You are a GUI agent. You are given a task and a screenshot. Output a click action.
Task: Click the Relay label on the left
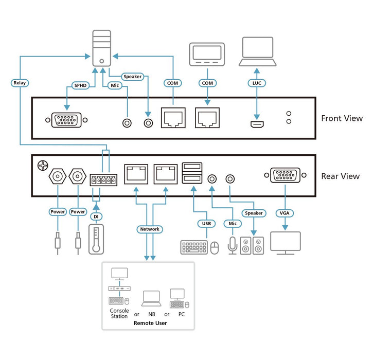(x=20, y=82)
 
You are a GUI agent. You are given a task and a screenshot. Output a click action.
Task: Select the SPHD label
(x=80, y=86)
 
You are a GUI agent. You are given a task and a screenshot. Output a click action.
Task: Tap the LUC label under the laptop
(x=257, y=83)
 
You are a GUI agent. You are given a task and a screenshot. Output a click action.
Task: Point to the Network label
(x=150, y=229)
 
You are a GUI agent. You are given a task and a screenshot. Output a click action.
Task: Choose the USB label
(x=206, y=223)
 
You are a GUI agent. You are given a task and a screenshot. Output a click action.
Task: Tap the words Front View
(x=342, y=118)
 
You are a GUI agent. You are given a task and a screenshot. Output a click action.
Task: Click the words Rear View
(x=340, y=176)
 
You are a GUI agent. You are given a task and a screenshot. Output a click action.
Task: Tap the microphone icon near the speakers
(x=232, y=245)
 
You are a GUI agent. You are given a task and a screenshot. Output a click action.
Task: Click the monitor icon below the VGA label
(x=285, y=243)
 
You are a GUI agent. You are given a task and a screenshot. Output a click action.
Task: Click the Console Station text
(x=119, y=313)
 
